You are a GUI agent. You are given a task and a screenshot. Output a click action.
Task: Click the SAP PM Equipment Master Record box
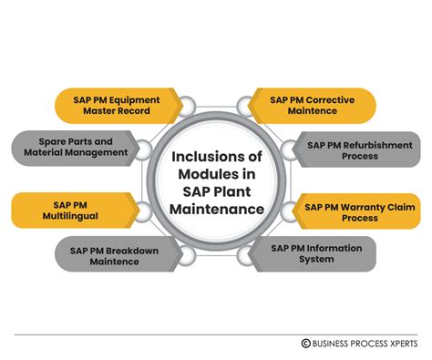tap(100, 105)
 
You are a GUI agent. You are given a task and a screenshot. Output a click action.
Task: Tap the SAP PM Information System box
tap(324, 254)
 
